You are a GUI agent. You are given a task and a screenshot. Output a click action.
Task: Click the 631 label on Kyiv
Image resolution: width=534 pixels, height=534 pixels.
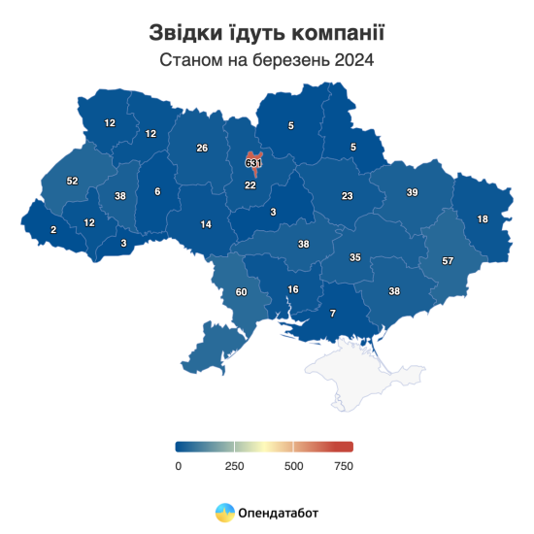(x=253, y=163)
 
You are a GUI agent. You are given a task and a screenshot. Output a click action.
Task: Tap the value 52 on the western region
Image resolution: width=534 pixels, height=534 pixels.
(x=72, y=182)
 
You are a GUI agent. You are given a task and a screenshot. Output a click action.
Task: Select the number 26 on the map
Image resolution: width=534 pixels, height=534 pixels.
(x=202, y=149)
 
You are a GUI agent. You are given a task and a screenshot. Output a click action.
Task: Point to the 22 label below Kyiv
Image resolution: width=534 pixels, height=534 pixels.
(x=250, y=185)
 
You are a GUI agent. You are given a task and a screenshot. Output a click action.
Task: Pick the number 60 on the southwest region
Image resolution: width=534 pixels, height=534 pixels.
(x=242, y=291)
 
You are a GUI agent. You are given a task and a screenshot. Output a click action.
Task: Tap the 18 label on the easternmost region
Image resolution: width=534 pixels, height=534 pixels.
(x=483, y=219)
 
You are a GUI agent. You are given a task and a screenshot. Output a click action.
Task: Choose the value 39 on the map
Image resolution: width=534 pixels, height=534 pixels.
(x=412, y=193)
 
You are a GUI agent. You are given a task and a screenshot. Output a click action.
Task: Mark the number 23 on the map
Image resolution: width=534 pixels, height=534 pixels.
(x=347, y=196)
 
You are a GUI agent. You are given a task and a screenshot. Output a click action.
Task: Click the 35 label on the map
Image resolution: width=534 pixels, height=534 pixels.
(x=355, y=257)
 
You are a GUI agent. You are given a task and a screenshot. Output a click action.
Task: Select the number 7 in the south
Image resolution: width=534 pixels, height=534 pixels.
(x=333, y=314)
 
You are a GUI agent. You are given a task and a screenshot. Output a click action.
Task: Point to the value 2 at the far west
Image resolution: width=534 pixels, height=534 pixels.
(x=53, y=229)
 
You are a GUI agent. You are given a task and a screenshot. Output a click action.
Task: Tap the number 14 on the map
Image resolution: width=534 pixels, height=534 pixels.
(x=206, y=224)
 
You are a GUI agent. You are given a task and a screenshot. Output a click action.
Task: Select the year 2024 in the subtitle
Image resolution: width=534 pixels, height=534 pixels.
(x=354, y=60)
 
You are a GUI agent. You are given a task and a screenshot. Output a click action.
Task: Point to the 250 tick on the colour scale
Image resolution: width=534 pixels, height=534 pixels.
(x=233, y=466)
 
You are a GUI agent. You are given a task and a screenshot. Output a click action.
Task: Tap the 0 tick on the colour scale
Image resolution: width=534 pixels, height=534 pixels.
(x=179, y=466)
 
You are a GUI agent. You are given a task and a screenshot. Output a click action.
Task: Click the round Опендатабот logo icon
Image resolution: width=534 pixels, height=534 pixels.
(x=224, y=512)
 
